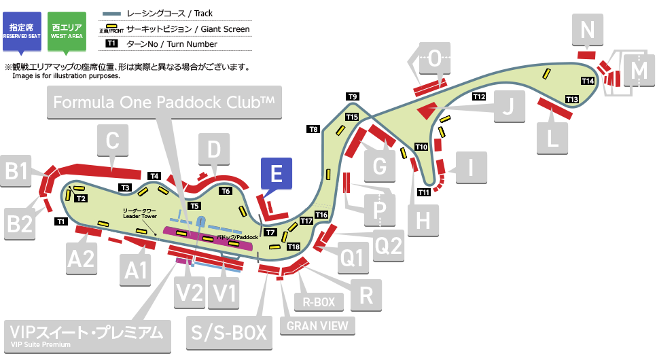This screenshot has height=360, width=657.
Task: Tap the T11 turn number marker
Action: tap(424, 192)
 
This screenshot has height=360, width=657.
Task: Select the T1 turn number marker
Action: tap(60, 221)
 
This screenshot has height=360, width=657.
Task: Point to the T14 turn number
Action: tap(588, 81)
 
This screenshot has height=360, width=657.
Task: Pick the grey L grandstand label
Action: tap(552, 138)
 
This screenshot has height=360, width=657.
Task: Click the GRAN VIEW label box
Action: tap(317, 325)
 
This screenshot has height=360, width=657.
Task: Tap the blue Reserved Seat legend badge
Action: tap(22, 31)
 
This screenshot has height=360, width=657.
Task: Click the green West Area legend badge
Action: tap(67, 31)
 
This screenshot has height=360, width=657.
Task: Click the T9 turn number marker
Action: tap(353, 96)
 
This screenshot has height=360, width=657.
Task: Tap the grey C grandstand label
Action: tap(113, 142)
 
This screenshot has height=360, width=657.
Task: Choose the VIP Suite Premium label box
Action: tap(86, 334)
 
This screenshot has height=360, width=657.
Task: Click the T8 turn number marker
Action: tap(313, 128)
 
